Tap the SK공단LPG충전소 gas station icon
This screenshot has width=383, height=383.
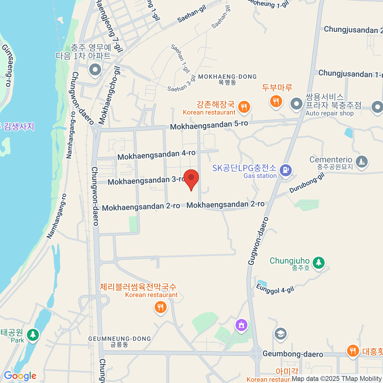click(286, 170)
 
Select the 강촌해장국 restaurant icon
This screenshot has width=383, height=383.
click(244, 107)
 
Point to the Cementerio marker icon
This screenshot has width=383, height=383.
click(361, 162)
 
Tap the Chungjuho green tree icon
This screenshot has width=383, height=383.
click(319, 263)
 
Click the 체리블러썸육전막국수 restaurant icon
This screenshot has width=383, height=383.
click(160, 307)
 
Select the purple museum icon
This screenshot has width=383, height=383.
click(242, 326)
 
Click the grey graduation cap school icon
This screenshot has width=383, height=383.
click(280, 334)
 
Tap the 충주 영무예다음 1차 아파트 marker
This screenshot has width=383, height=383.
click(95, 70)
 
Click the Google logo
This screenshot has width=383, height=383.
click(20, 376)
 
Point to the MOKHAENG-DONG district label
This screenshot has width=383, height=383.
click(227, 79)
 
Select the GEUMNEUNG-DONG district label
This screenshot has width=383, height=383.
click(119, 341)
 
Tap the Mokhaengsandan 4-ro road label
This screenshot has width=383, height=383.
click(156, 155)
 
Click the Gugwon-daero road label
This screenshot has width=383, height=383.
click(258, 241)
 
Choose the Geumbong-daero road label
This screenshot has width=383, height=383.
click(293, 354)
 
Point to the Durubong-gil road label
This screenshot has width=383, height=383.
click(307, 183)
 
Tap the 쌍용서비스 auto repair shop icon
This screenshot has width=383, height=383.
click(297, 104)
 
